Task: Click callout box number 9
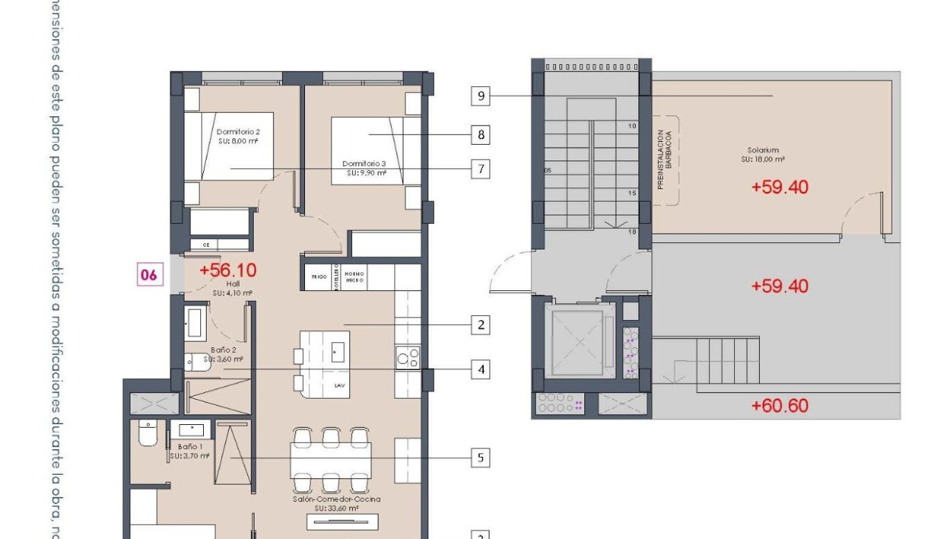coord(481,96)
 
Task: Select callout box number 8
coord(481,134)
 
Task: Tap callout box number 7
coord(481,169)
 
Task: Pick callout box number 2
coord(481,325)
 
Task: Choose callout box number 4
coord(481,369)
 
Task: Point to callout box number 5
coord(481,457)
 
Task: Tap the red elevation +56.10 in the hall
coord(227,270)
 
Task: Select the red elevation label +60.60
coord(780,406)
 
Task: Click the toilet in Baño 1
coord(148,433)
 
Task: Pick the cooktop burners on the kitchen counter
coord(408,356)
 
